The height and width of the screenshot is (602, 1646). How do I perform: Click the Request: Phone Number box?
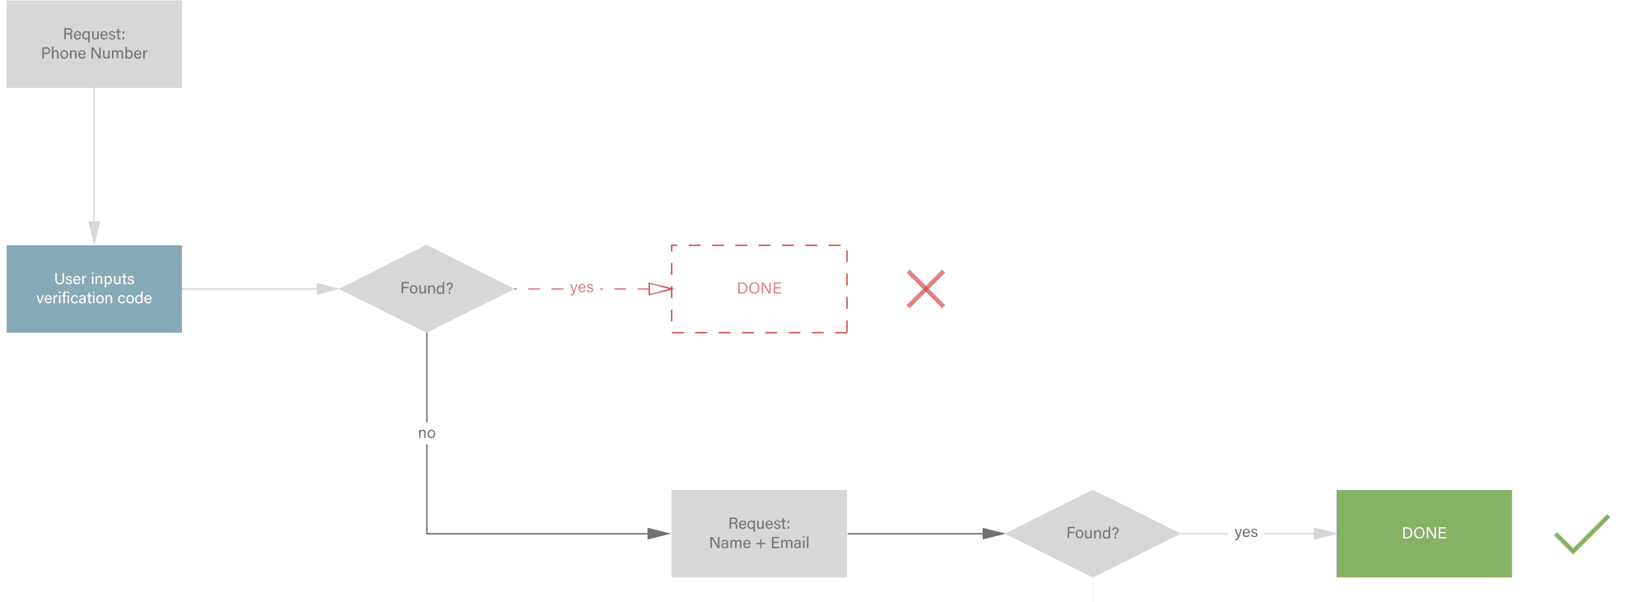coord(94,44)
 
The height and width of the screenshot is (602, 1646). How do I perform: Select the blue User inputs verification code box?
coord(94,288)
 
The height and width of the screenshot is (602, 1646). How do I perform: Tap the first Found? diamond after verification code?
coord(426,288)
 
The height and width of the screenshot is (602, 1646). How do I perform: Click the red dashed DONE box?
coord(759,288)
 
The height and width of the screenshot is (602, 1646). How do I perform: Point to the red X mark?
coord(926,289)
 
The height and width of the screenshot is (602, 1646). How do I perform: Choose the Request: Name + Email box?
coord(759,534)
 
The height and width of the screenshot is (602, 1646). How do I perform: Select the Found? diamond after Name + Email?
coord(1092,534)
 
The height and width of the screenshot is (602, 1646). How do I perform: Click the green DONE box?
coord(1424,534)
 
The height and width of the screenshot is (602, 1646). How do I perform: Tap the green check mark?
coord(1582,534)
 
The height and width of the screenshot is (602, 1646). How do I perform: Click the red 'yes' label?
coord(581,287)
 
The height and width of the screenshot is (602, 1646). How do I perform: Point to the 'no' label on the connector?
coord(426,433)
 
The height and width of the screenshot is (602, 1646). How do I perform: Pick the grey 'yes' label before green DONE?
coord(1246,533)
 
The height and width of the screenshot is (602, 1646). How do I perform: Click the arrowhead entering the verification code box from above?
coord(94,232)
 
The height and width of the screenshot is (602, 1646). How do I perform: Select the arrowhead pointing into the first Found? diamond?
coord(328,289)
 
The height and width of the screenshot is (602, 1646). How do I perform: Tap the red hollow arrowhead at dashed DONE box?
coord(661,289)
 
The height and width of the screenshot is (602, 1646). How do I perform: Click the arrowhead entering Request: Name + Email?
coord(659,534)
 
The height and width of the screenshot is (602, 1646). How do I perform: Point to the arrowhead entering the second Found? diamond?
coord(993,534)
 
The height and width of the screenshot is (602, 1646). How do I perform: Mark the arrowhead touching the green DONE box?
coord(1325,534)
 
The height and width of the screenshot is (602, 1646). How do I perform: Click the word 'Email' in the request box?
coord(790,543)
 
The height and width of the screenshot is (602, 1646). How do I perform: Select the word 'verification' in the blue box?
coord(75,298)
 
